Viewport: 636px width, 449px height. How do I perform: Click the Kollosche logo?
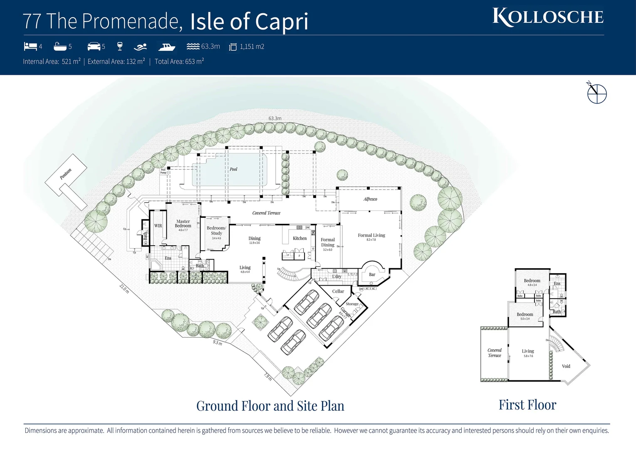[x=548, y=17]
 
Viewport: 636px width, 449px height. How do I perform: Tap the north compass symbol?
[x=596, y=93]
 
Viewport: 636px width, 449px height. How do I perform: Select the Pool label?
[x=233, y=169]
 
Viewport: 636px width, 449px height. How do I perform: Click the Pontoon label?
[x=66, y=174]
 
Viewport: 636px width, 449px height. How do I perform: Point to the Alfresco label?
[x=370, y=199]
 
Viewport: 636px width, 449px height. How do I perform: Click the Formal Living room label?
[x=371, y=235]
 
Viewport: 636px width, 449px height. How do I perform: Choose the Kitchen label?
[x=299, y=238]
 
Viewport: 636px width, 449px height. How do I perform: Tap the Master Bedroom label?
[x=183, y=224]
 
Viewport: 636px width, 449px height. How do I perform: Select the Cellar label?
[x=338, y=291]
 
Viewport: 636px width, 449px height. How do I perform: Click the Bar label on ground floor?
[x=372, y=274]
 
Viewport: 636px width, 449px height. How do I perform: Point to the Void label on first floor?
[x=566, y=366]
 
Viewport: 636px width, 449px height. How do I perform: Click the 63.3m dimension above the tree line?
[x=275, y=118]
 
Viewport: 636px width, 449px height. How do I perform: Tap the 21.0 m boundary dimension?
[x=124, y=289]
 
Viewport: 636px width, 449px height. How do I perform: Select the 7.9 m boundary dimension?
[x=267, y=377]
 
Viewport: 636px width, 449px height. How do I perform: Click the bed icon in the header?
[x=30, y=46]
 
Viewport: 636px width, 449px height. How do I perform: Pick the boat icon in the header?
[x=166, y=47]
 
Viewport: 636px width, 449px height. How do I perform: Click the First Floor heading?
[x=527, y=405]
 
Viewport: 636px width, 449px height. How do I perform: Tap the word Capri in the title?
[x=282, y=22]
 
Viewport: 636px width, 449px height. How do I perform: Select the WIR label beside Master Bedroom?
[x=158, y=226]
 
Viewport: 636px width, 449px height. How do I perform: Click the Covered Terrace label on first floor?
[x=495, y=353]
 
